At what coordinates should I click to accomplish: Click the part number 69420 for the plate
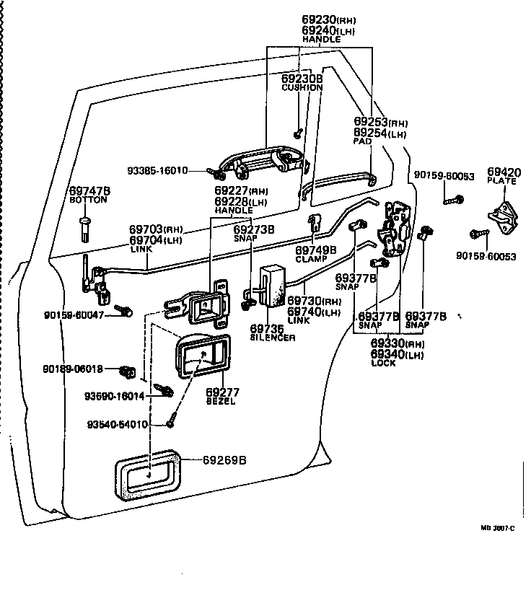tap(503, 172)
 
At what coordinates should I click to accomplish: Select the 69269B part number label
tap(224, 459)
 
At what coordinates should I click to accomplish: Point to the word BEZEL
tap(221, 402)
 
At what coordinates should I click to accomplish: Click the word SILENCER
tap(273, 338)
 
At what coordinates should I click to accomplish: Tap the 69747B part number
tap(89, 190)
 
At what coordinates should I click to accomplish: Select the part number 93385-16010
tap(157, 171)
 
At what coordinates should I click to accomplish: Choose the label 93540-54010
tap(117, 424)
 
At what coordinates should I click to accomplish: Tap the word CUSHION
tap(302, 87)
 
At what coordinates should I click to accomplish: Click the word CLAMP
tap(311, 258)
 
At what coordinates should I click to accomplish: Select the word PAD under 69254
tap(362, 142)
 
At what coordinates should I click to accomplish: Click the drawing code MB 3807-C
tap(498, 529)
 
